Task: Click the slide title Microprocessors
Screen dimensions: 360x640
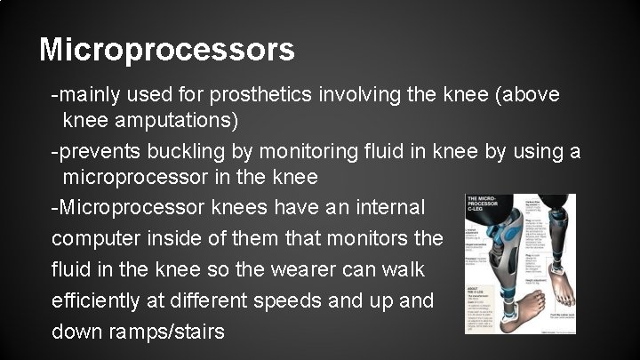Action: pos(167,50)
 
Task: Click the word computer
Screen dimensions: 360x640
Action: pos(96,238)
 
